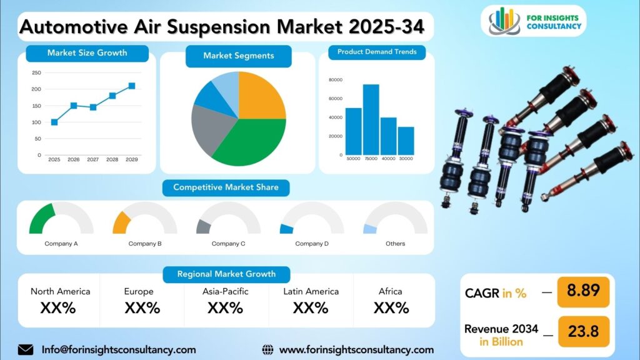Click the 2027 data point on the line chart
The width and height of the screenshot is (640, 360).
click(93, 107)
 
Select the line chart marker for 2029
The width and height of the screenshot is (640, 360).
click(132, 86)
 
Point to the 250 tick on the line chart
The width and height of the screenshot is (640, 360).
click(37, 72)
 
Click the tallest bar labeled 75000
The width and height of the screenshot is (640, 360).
click(371, 119)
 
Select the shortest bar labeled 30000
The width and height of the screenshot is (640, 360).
click(406, 141)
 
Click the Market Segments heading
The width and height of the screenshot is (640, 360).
click(238, 56)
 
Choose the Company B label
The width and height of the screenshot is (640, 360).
click(145, 244)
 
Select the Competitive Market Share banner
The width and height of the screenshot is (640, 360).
click(226, 187)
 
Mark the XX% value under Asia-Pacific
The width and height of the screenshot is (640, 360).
click(225, 307)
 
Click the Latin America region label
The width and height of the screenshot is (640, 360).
click(311, 291)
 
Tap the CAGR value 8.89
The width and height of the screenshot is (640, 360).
click(582, 291)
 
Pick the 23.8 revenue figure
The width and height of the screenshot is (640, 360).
click(582, 331)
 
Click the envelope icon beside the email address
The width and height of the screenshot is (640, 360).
click(26, 349)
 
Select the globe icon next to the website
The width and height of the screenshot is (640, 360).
click(267, 349)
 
